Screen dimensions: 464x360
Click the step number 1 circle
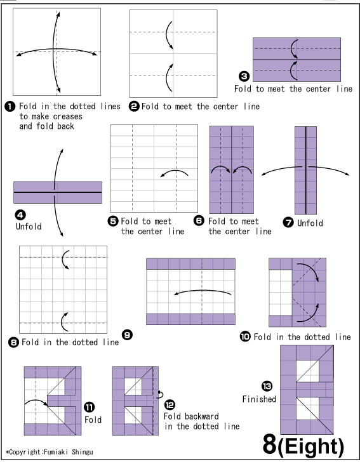pos(13,107)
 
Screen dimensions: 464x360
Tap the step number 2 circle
pos(133,107)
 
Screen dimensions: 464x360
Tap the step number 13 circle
pos(267,386)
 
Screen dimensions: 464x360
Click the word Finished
pos(259,399)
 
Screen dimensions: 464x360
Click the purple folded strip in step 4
pos(58,192)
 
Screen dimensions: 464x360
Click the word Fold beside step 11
pos(93,420)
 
